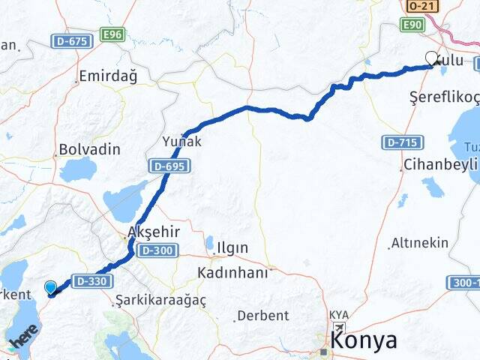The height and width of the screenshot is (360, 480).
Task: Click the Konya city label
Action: coord(364,340)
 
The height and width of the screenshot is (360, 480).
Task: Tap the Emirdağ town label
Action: coord(108,76)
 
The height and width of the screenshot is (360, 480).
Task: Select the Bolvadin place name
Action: coord(89,149)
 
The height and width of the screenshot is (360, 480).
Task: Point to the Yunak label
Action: coord(181,141)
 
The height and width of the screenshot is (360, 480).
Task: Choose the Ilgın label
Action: coord(232,247)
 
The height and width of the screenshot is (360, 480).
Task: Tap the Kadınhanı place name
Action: coord(232,272)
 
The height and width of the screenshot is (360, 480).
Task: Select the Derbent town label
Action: coord(262,316)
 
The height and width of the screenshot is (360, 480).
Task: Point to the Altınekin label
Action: coord(420,243)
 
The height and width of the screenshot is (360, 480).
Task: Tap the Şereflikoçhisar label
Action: coord(444,97)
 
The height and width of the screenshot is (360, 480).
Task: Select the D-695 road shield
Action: coord(166,165)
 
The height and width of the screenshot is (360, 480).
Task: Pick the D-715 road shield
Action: coord(400,142)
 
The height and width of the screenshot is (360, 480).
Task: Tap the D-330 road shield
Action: coord(92,280)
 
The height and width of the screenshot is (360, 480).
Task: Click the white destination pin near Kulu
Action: coord(431,58)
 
